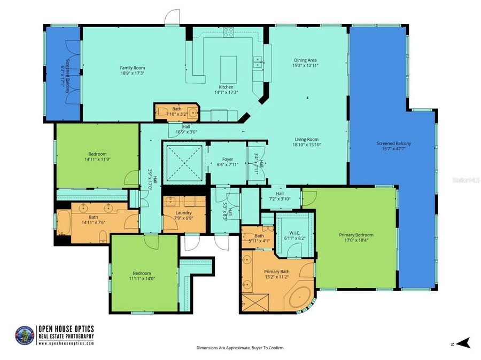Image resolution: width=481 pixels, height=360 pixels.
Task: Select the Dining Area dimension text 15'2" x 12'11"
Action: point(306,66)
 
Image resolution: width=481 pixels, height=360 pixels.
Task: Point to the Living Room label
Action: point(305,139)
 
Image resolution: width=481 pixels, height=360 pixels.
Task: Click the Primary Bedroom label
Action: point(356,235)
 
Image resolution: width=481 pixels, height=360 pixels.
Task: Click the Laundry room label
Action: point(184,213)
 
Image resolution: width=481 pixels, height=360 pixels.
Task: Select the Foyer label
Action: point(227,159)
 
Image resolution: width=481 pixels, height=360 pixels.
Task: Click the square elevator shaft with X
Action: point(183,162)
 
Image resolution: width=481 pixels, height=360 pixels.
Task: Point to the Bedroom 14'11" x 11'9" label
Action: point(97,154)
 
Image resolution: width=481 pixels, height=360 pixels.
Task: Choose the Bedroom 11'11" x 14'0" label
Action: point(142,273)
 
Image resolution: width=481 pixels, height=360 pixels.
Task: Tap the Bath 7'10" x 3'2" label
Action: point(176,109)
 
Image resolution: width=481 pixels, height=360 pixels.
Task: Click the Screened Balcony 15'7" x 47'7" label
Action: point(393,143)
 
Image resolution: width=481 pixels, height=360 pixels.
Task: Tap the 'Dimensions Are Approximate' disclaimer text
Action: point(240,348)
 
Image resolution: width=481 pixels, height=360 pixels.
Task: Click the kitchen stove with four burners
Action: point(229,32)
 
